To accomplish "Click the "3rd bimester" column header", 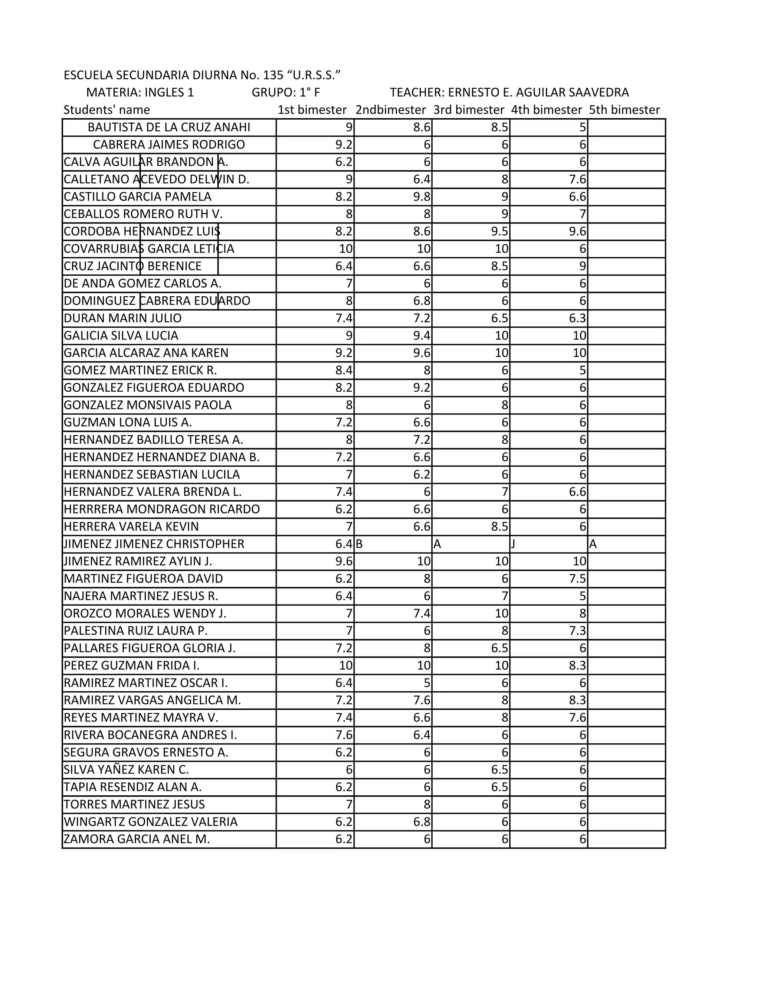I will click(469, 110).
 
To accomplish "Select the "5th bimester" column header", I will click(625, 110).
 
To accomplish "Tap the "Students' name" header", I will click(107, 110).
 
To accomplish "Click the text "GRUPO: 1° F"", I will click(285, 92).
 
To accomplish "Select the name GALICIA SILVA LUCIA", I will click(121, 336).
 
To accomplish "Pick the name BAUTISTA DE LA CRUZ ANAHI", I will click(169, 127).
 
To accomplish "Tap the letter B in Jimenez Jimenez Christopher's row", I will click(359, 544).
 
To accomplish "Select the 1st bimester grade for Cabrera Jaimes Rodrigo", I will click(344, 144).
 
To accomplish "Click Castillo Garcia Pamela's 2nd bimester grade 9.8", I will click(422, 197).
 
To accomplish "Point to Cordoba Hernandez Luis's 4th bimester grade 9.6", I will click(578, 232).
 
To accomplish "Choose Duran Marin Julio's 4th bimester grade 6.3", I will click(578, 319).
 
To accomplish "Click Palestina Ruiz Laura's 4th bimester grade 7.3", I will click(578, 631).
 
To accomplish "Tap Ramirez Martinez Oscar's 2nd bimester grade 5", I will click(427, 683).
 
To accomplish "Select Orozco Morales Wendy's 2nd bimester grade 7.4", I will click(422, 614).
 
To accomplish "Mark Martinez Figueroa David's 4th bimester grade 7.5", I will click(578, 579).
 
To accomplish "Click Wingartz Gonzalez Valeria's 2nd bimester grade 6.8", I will click(422, 822).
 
